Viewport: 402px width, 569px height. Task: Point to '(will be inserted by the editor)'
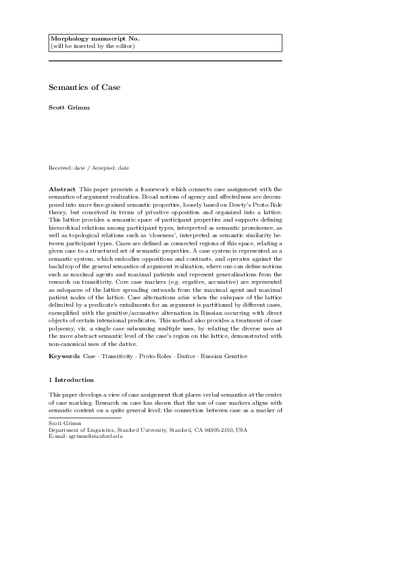[93, 46]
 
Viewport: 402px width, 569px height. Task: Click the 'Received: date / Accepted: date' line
[89, 167]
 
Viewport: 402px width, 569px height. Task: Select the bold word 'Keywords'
[64, 355]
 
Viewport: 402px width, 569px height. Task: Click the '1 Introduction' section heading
[71, 379]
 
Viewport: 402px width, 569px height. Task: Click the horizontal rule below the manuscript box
[165, 61]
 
